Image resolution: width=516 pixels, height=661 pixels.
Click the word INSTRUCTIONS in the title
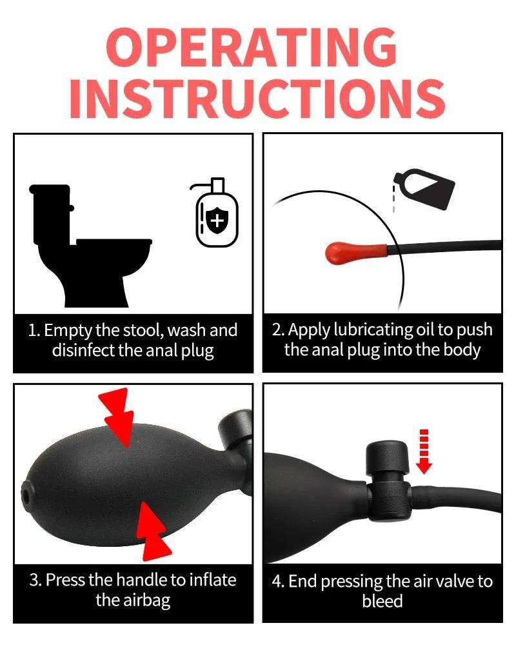257,99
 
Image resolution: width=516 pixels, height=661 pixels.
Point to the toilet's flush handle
70,208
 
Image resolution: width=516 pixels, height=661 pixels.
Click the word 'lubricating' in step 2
365,330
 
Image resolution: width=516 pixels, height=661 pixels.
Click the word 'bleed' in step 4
382,601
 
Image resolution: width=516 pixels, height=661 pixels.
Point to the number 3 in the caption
35,580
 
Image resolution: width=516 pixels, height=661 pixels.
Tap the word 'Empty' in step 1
68,331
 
